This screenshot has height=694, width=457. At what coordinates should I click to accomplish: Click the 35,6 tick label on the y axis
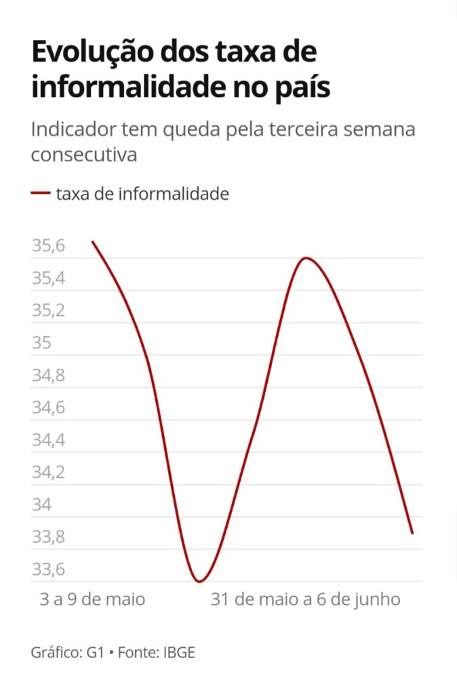tap(49, 246)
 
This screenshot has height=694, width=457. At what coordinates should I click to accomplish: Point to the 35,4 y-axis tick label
tap(49, 279)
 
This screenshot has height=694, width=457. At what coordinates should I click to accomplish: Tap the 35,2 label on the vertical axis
tap(49, 311)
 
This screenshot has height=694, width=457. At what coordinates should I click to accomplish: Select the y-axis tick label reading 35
tap(41, 343)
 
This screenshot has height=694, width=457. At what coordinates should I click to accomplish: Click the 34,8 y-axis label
tap(49, 375)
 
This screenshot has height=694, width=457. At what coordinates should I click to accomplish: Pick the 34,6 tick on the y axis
tap(49, 408)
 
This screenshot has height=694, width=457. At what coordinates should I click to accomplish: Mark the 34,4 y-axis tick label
tap(49, 441)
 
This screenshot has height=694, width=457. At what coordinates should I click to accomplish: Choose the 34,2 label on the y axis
tap(49, 472)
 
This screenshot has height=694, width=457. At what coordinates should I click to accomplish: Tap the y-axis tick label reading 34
tap(41, 505)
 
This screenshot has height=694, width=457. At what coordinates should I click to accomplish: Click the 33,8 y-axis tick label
tap(49, 537)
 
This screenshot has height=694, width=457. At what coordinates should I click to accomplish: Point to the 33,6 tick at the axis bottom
tap(49, 569)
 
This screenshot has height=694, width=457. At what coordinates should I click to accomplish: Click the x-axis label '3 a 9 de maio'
tap(93, 600)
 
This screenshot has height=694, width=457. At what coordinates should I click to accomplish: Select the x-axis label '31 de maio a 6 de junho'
tap(306, 600)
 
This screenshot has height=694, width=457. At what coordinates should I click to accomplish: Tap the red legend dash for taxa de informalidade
tap(41, 194)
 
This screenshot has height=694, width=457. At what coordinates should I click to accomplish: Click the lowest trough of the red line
tap(199, 581)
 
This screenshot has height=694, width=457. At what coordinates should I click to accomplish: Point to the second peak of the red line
tap(306, 258)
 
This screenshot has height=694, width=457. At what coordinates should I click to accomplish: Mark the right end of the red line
tap(412, 533)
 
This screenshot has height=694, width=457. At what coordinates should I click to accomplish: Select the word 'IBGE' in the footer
tap(178, 653)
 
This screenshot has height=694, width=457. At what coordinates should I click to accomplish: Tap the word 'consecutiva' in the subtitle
tap(84, 154)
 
